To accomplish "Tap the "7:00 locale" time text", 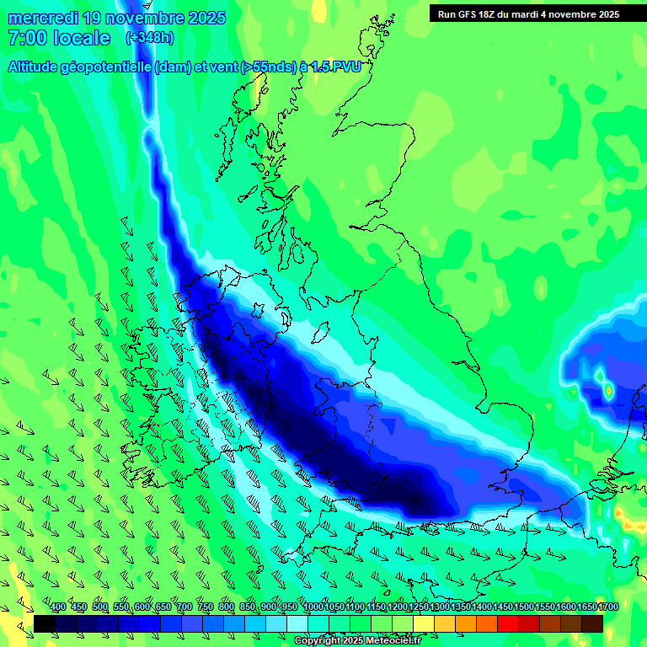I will pyautogui.click(x=59, y=38).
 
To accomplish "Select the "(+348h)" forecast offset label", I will pyautogui.click(x=149, y=38).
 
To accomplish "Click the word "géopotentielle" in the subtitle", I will pyautogui.click(x=110, y=67).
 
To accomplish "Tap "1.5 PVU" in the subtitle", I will pyautogui.click(x=336, y=67).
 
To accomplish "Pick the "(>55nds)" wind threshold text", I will pyautogui.click(x=269, y=67).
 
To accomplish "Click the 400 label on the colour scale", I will pyautogui.click(x=58, y=607).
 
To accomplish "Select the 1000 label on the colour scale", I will pyautogui.click(x=313, y=607).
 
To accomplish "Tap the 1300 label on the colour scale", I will pyautogui.click(x=441, y=607).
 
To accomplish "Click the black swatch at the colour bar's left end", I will pyautogui.click(x=45, y=623).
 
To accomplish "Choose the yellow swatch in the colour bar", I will pyautogui.click(x=424, y=623).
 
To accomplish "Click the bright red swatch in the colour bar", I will pyautogui.click(x=508, y=623).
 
